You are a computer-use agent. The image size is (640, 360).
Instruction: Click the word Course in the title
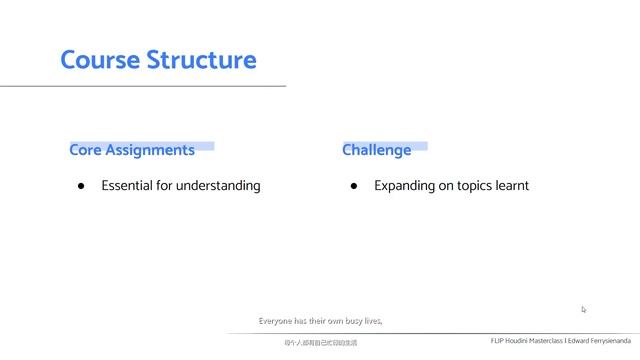[x=100, y=59]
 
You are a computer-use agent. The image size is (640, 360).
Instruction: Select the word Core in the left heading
[x=85, y=150]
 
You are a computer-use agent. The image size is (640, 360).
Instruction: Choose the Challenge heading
[x=376, y=150]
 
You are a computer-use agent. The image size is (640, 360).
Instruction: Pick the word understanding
[x=218, y=186]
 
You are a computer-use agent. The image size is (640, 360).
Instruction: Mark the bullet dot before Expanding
[x=354, y=186]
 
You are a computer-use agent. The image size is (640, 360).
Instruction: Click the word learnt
[x=512, y=185]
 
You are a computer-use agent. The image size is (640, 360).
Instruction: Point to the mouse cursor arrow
[x=584, y=309]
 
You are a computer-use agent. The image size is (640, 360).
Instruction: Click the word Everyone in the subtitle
[x=277, y=321]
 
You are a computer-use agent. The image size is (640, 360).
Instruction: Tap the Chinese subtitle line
[x=320, y=343]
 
